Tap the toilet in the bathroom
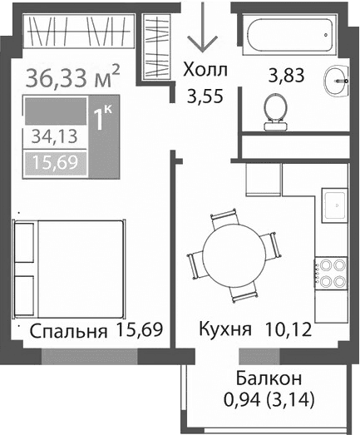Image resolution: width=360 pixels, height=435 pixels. pyautogui.click(x=275, y=111)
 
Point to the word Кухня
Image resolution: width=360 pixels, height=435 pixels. pyautogui.click(x=224, y=330)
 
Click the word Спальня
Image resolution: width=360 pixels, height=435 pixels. pyautogui.click(x=68, y=332)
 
